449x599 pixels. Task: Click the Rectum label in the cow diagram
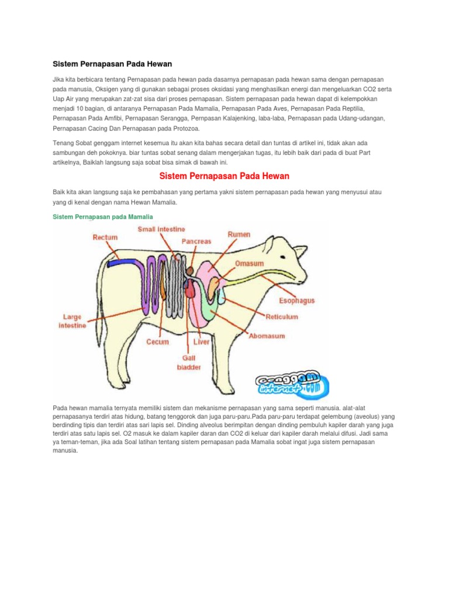pyautogui.click(x=105, y=237)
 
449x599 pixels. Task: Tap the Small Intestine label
pyautogui.click(x=161, y=229)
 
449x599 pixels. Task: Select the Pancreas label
pyautogui.click(x=196, y=241)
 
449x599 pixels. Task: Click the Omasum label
pyautogui.click(x=249, y=263)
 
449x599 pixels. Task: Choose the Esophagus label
pyautogui.click(x=296, y=301)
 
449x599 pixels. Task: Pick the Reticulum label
pyautogui.click(x=282, y=316)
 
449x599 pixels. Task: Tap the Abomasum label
pyautogui.click(x=267, y=336)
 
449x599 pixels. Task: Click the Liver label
pyautogui.click(x=202, y=342)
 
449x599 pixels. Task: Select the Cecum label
pyautogui.click(x=158, y=342)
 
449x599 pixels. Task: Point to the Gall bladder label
pyautogui.click(x=189, y=362)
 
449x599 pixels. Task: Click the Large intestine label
pyautogui.click(x=72, y=321)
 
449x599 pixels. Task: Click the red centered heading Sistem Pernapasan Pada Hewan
pyautogui.click(x=224, y=176)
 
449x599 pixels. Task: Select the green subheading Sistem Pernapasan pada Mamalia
pyautogui.click(x=103, y=216)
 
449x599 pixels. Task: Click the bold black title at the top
pyautogui.click(x=112, y=63)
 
